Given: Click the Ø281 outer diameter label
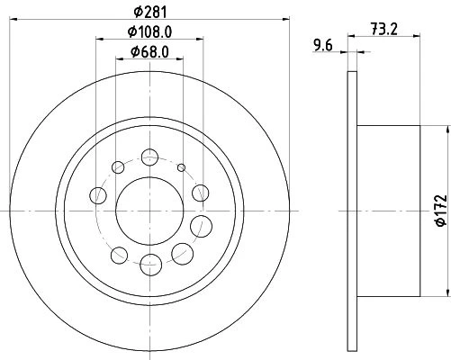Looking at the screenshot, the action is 149,12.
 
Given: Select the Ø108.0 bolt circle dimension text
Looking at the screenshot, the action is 149,31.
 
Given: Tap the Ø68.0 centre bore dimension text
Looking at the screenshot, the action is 149,52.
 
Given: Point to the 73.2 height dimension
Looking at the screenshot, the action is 384,30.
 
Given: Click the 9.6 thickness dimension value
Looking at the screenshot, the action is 323,46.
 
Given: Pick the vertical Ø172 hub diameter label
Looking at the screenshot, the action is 441,211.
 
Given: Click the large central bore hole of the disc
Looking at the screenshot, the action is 149,211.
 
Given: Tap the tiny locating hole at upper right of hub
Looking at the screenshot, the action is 181,167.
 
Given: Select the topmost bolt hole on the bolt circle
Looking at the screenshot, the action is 149,157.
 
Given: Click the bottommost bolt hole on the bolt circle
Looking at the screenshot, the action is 150,265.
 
